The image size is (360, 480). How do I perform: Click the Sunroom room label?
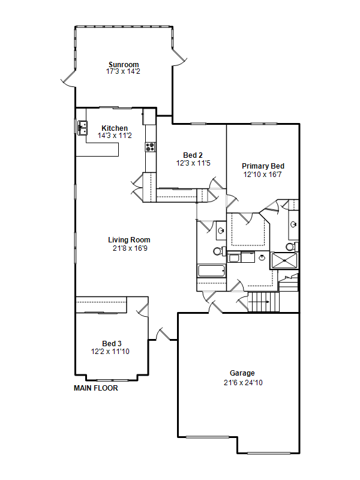(124, 65)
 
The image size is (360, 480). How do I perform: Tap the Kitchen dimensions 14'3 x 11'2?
(115, 136)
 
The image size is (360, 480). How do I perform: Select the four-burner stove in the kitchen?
(151, 147)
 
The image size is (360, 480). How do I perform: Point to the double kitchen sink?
(82, 128)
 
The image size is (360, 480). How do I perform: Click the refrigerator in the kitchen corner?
(149, 116)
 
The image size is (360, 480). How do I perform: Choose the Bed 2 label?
(193, 155)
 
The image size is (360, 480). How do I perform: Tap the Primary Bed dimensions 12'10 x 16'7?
(262, 175)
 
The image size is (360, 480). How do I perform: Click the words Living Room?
(129, 239)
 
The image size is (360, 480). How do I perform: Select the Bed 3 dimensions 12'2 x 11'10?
(110, 352)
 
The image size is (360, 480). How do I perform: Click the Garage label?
(242, 373)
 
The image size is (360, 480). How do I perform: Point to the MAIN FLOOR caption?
(96, 388)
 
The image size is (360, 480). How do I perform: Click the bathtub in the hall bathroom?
(212, 271)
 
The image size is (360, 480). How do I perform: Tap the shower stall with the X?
(284, 260)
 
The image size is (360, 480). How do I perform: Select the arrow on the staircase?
(259, 302)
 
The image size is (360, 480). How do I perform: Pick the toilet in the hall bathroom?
(218, 251)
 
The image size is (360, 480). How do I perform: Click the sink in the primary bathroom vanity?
(293, 224)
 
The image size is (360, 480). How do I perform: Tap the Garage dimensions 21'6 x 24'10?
(243, 383)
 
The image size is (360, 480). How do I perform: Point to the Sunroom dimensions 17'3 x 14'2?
(123, 71)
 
